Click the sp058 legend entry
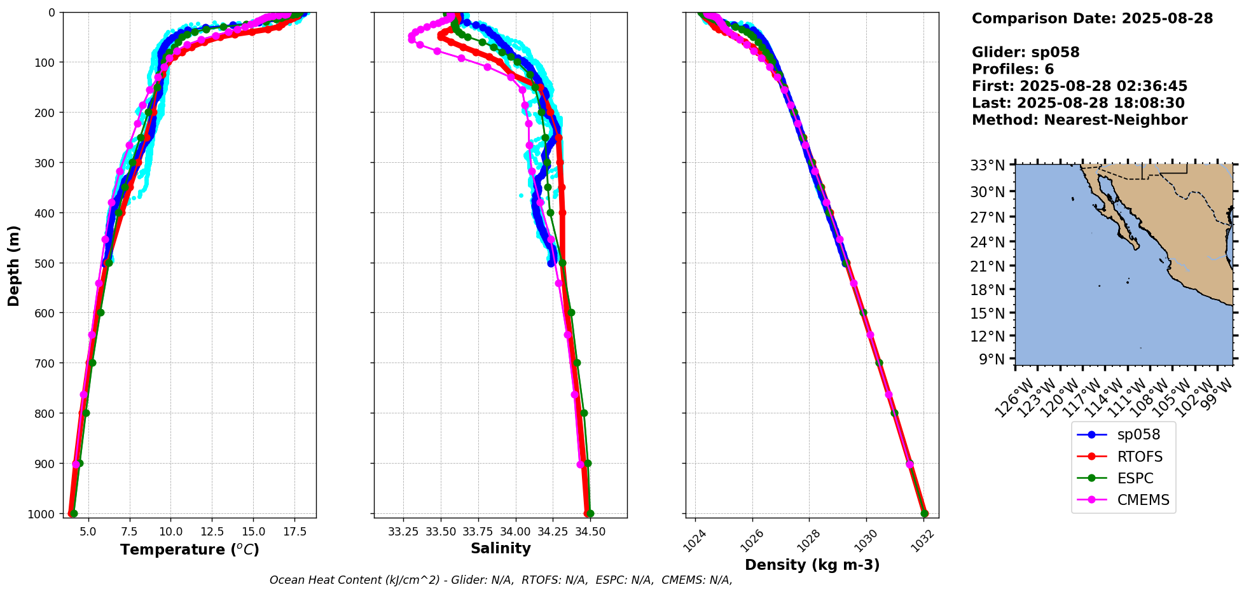1138,435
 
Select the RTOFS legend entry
1139,457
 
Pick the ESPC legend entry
1135,478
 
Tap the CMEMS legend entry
1143,500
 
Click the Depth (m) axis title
13,265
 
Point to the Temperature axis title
190,549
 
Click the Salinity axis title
501,548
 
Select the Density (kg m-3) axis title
812,565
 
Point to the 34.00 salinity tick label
515,530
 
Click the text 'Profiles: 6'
1013,69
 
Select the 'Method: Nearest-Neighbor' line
1079,120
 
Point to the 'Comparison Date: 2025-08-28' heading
1092,18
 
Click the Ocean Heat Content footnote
501,580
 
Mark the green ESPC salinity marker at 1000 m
590,513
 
